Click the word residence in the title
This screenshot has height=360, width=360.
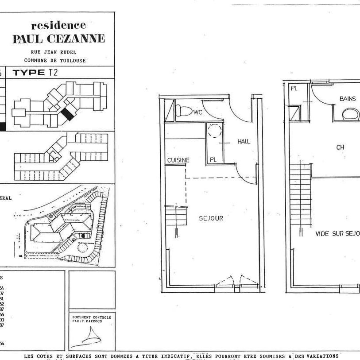click(58, 25)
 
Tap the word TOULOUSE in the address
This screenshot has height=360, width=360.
click(74, 60)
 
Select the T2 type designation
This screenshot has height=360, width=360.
click(54, 73)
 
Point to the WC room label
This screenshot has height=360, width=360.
click(197, 113)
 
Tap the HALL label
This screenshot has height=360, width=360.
click(244, 142)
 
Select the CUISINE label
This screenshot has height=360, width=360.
click(178, 160)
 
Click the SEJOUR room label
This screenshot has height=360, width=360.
click(211, 218)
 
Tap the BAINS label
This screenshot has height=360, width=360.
click(348, 99)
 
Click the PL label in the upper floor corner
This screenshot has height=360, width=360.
click(294, 89)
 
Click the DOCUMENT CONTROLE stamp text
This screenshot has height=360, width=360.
click(92, 319)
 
